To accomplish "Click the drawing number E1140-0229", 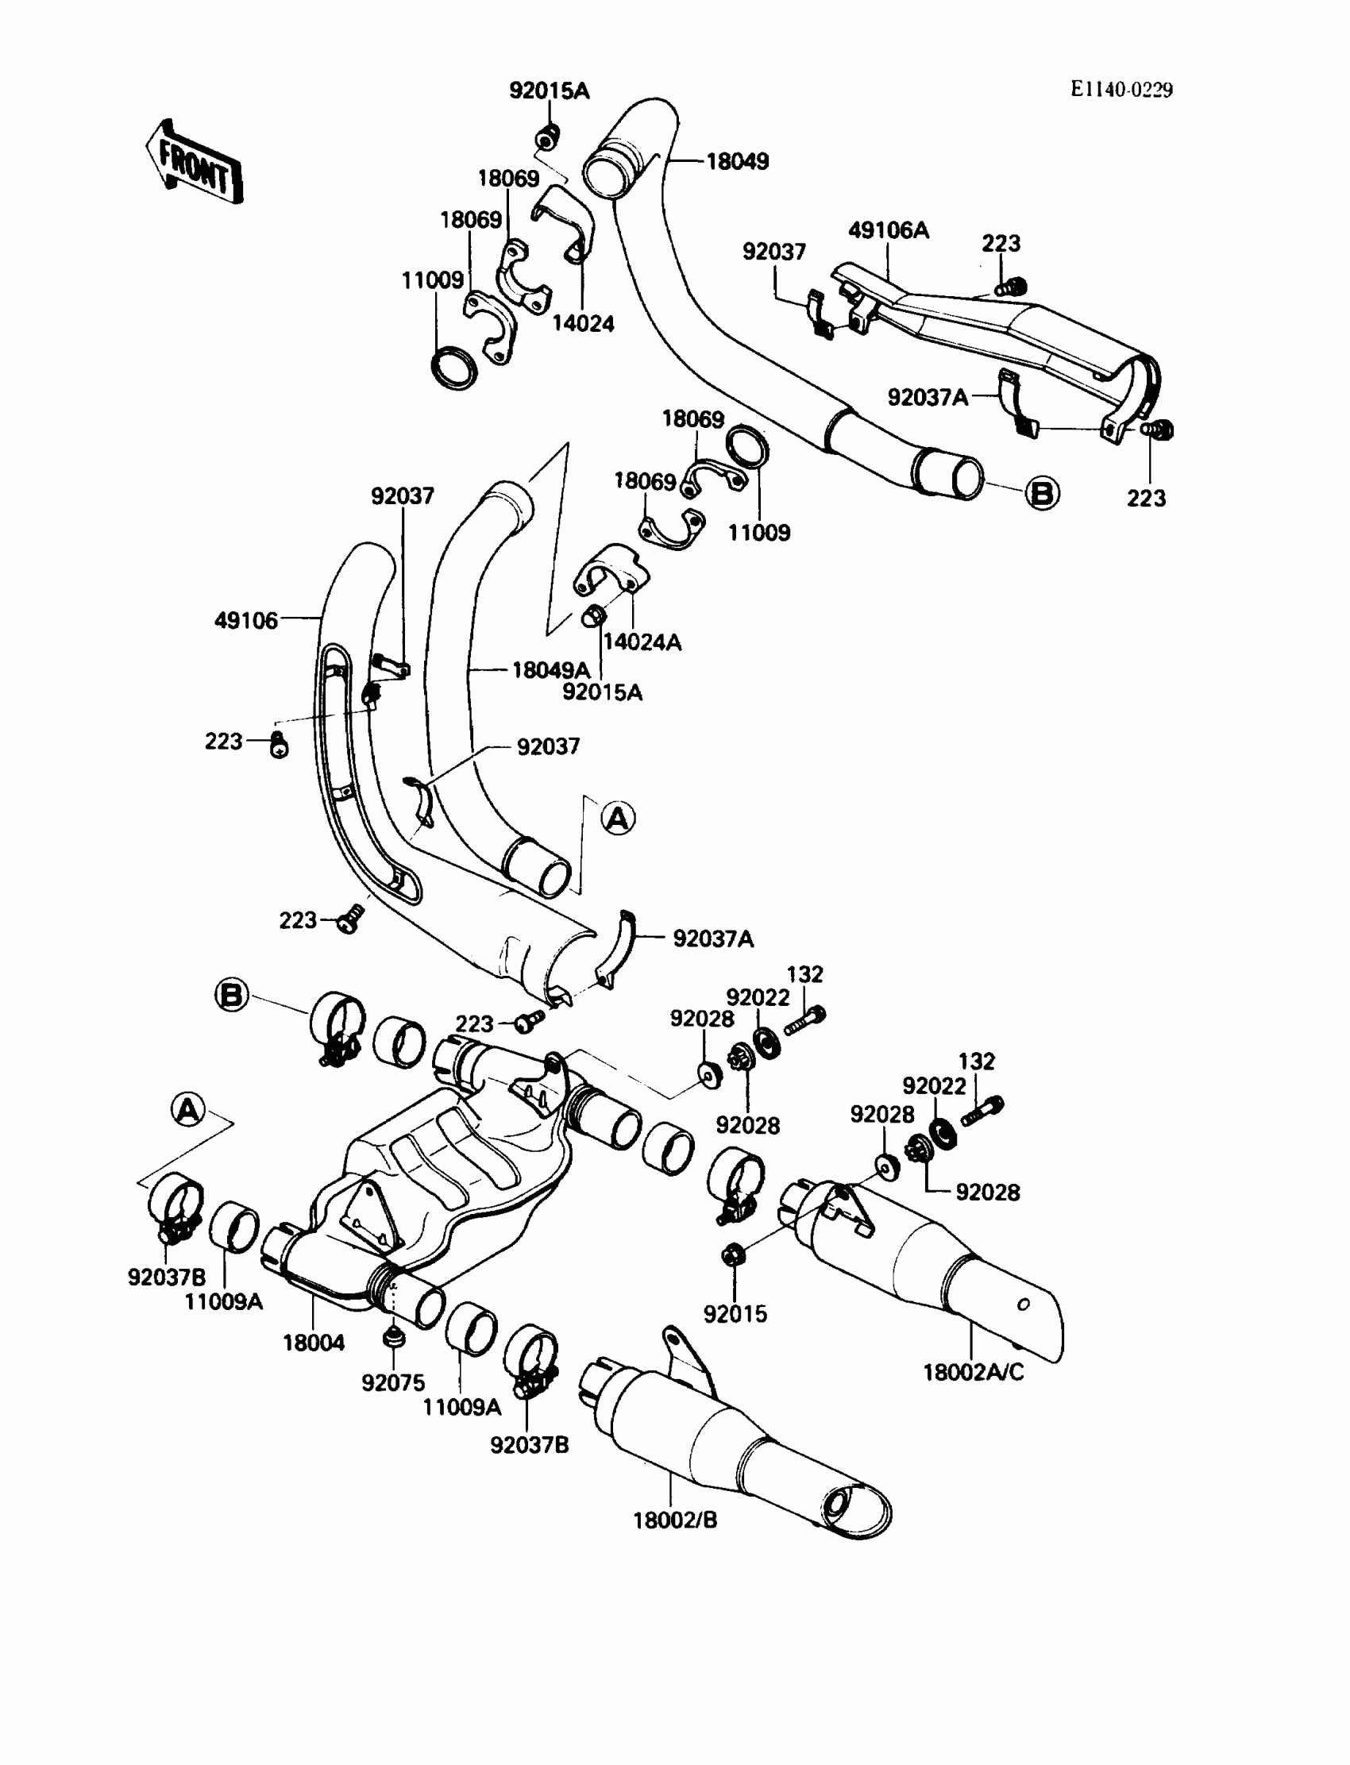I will point(1121,90).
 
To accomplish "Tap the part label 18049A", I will point(551,670).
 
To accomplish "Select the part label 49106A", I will point(888,230).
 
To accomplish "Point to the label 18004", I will point(314,1343).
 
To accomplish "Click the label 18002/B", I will point(675,1520).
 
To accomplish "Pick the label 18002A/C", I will point(973,1372).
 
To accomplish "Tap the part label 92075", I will point(393,1382).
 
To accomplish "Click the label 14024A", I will point(642,642).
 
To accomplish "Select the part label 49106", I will point(246,620).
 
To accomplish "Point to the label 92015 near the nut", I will point(735,1313).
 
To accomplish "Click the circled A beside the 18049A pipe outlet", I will point(618,819).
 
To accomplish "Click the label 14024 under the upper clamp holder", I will point(584,323).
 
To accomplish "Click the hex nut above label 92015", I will point(732,1254).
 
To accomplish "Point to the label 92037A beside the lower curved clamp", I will point(714,938).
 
